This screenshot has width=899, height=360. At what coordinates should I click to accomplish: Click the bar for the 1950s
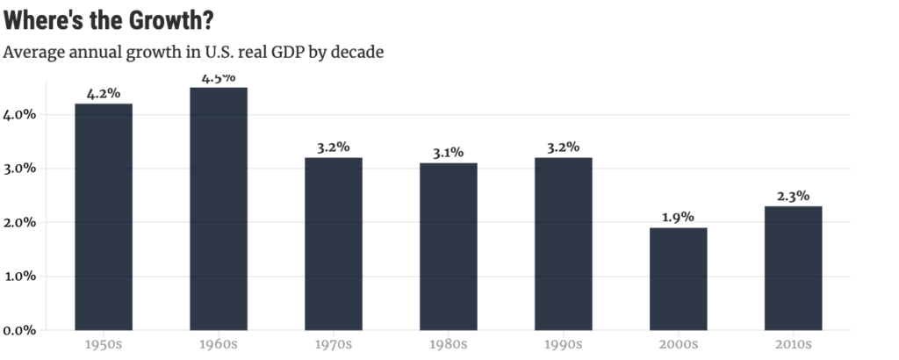[104, 217]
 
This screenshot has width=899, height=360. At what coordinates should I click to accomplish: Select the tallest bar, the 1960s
[219, 209]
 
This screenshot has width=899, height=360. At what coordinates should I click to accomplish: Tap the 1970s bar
[334, 244]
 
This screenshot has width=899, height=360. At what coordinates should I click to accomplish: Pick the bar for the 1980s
[449, 247]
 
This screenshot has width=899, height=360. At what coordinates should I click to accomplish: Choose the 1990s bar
[563, 244]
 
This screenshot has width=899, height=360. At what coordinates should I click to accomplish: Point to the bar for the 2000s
[678, 279]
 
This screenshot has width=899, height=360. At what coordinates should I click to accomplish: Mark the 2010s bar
[793, 269]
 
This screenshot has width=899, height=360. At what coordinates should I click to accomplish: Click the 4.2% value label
[104, 93]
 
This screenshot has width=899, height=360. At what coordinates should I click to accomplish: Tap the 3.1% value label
[449, 153]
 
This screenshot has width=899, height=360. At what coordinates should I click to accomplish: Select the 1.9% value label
[678, 217]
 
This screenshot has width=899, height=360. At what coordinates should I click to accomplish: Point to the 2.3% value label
[793, 196]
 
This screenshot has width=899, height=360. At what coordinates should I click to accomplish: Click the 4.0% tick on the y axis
[19, 114]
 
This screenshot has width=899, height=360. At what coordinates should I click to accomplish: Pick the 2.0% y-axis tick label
[19, 222]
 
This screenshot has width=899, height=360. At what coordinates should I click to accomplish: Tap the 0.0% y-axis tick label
[19, 330]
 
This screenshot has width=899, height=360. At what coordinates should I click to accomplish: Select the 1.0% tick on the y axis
[19, 277]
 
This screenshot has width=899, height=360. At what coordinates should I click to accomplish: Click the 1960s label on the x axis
[219, 344]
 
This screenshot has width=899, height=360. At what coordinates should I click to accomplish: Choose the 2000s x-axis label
[678, 344]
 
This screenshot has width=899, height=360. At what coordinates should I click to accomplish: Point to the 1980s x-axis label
[449, 344]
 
